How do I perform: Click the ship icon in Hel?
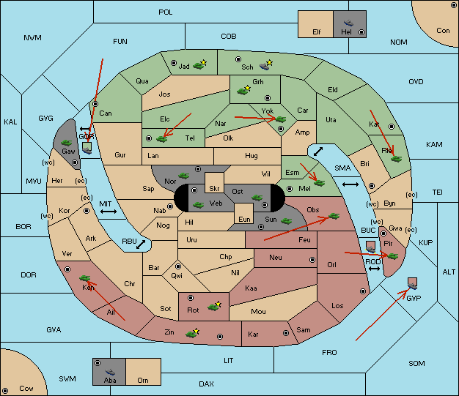click(348, 23)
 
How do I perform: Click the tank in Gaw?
click(67, 143)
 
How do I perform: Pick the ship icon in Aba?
click(111, 372)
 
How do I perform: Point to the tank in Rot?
click(214, 306)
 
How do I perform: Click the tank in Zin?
click(192, 333)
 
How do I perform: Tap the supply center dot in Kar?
click(286, 333)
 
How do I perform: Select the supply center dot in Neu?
click(312, 260)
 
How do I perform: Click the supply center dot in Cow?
click(5, 391)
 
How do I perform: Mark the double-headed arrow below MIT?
click(109, 212)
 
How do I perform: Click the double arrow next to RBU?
click(141, 244)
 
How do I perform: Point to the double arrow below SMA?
click(350, 184)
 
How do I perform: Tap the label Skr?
click(214, 189)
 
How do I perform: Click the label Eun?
click(244, 219)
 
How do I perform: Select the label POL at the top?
click(166, 12)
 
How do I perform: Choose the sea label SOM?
click(416, 364)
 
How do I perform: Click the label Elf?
click(317, 32)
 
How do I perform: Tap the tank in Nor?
click(184, 176)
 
